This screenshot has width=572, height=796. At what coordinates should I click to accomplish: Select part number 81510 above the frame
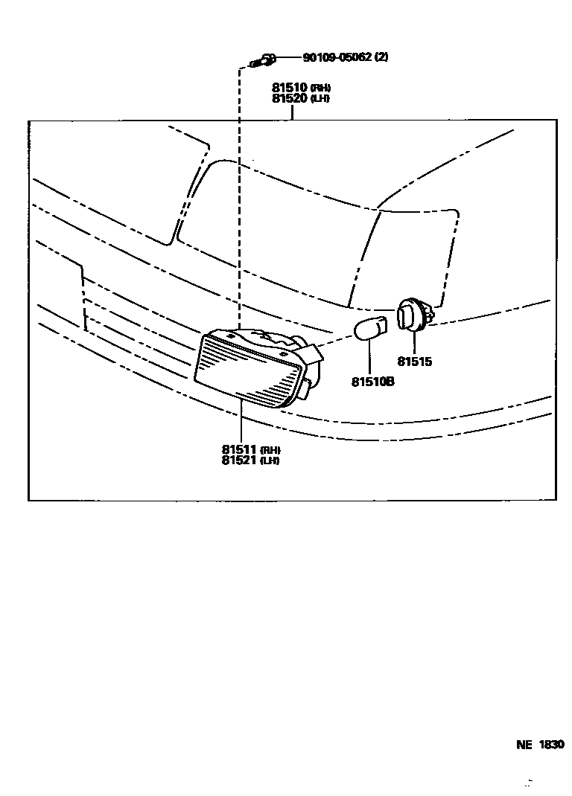tap(290, 88)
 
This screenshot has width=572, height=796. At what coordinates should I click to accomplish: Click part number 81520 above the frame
tap(290, 98)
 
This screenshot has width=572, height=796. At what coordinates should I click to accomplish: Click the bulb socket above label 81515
tap(412, 315)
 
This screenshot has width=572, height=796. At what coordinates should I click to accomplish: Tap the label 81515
tap(414, 362)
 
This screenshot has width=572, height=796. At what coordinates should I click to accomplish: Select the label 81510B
tap(372, 382)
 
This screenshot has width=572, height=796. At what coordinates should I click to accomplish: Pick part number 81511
tap(239, 449)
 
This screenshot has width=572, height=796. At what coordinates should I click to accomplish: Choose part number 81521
tap(239, 460)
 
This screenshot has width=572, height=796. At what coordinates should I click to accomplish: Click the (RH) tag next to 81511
tap(270, 450)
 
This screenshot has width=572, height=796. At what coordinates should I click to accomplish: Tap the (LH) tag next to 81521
tap(269, 460)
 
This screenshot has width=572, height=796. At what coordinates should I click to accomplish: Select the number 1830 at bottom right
tap(551, 745)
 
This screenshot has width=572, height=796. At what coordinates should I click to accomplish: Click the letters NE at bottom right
tap(524, 745)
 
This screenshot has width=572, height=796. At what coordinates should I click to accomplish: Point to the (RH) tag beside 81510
tap(320, 89)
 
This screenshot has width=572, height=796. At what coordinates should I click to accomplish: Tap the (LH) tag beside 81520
tap(320, 99)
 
